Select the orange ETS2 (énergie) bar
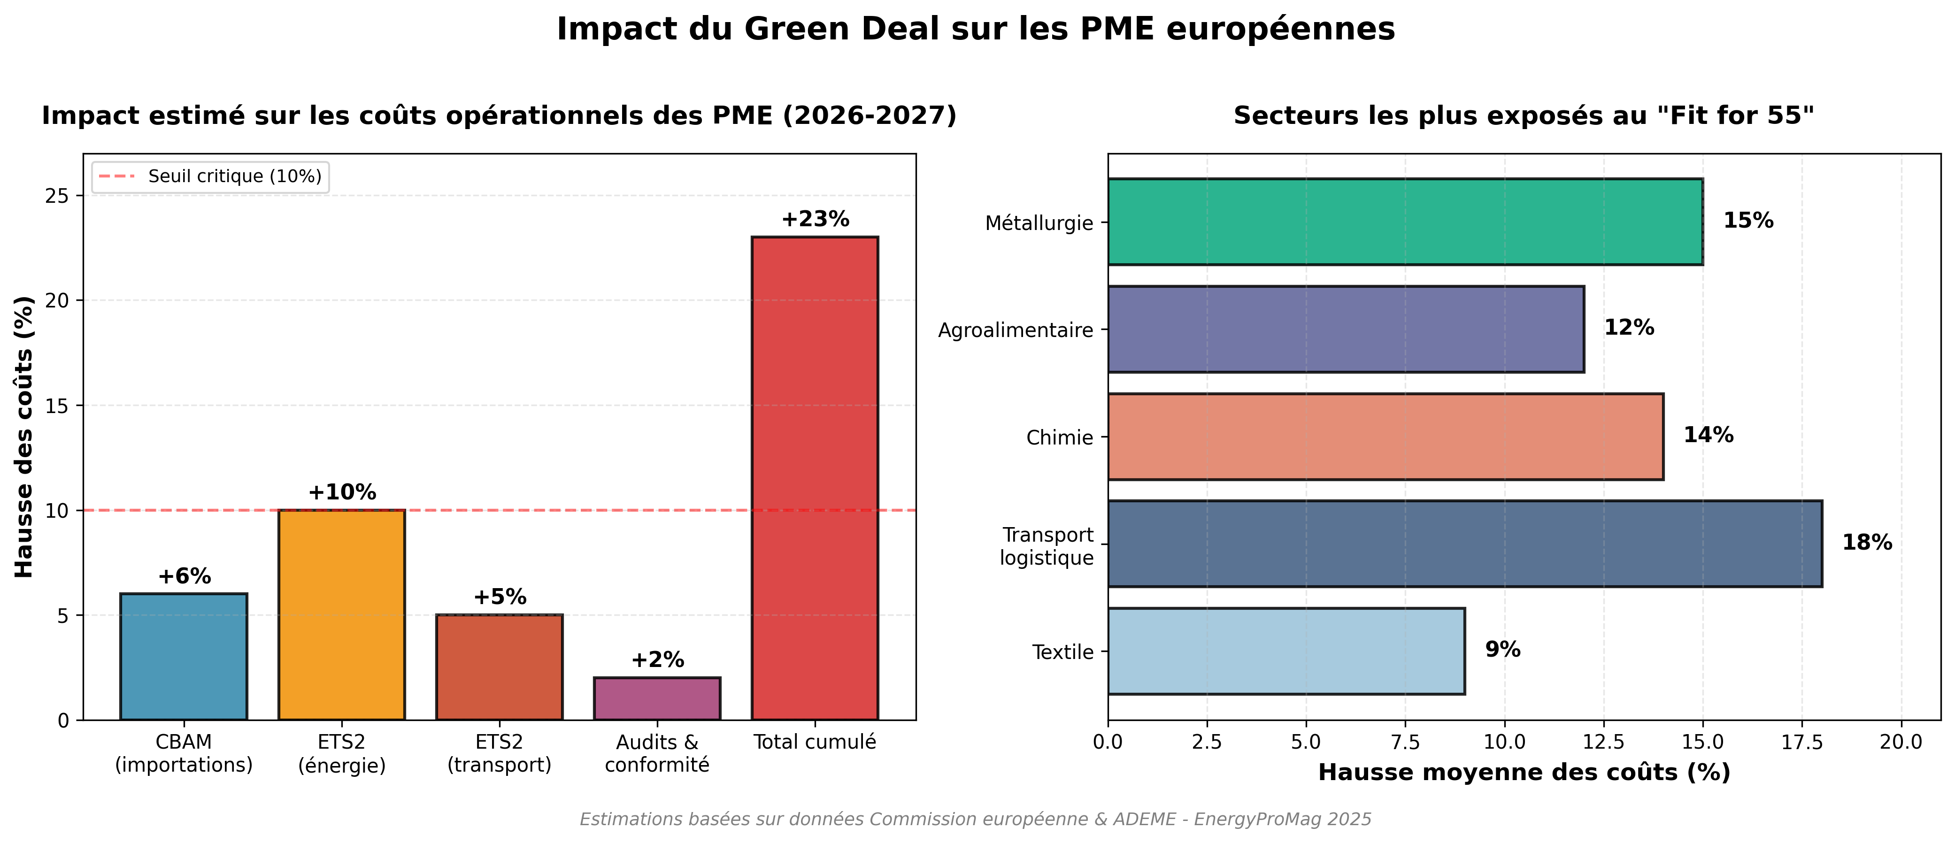click(341, 614)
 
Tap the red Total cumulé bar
click(814, 478)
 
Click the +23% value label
click(815, 219)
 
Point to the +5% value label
click(500, 597)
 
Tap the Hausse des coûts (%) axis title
click(24, 437)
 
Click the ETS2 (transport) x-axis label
click(500, 753)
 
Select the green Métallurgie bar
click(1405, 222)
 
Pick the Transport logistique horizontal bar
click(1464, 543)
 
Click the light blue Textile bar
click(1285, 651)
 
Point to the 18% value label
click(1866, 543)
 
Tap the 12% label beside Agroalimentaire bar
click(1629, 328)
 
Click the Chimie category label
click(1060, 438)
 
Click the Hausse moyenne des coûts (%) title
click(1524, 773)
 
